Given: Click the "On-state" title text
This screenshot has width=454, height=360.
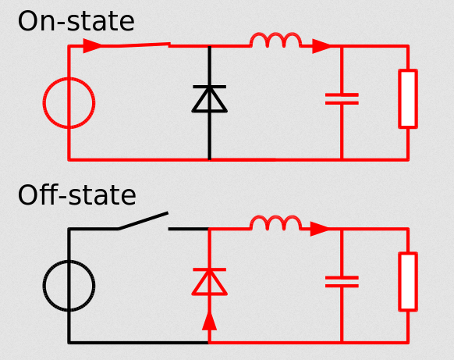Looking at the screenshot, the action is click(76, 21).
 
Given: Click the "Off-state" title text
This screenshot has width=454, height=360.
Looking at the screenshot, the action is click(76, 195).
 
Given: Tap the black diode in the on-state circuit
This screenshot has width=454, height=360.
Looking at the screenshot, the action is click(209, 98).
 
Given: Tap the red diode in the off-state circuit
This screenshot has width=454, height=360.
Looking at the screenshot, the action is click(209, 282).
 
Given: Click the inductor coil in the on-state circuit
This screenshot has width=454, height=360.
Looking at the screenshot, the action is click(275, 34).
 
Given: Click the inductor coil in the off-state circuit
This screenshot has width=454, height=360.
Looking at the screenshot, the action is click(275, 217).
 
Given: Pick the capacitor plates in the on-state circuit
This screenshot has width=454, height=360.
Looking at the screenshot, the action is click(342, 99).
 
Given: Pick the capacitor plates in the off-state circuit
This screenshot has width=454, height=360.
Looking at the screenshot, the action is click(342, 282).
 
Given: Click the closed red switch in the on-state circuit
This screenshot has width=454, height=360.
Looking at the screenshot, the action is click(136, 45).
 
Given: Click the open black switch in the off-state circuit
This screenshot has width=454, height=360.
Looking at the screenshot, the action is click(144, 220).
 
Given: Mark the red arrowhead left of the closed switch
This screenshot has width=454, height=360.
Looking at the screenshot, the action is click(92, 46).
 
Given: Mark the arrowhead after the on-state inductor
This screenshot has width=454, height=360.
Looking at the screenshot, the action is click(321, 46).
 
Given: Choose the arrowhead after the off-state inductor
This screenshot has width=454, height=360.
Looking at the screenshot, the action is click(320, 229).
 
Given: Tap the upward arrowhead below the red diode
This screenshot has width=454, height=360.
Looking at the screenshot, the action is click(209, 321).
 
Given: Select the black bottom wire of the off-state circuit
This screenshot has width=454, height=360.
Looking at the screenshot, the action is click(138, 343).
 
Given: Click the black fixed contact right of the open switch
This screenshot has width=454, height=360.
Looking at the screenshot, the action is click(188, 229).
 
